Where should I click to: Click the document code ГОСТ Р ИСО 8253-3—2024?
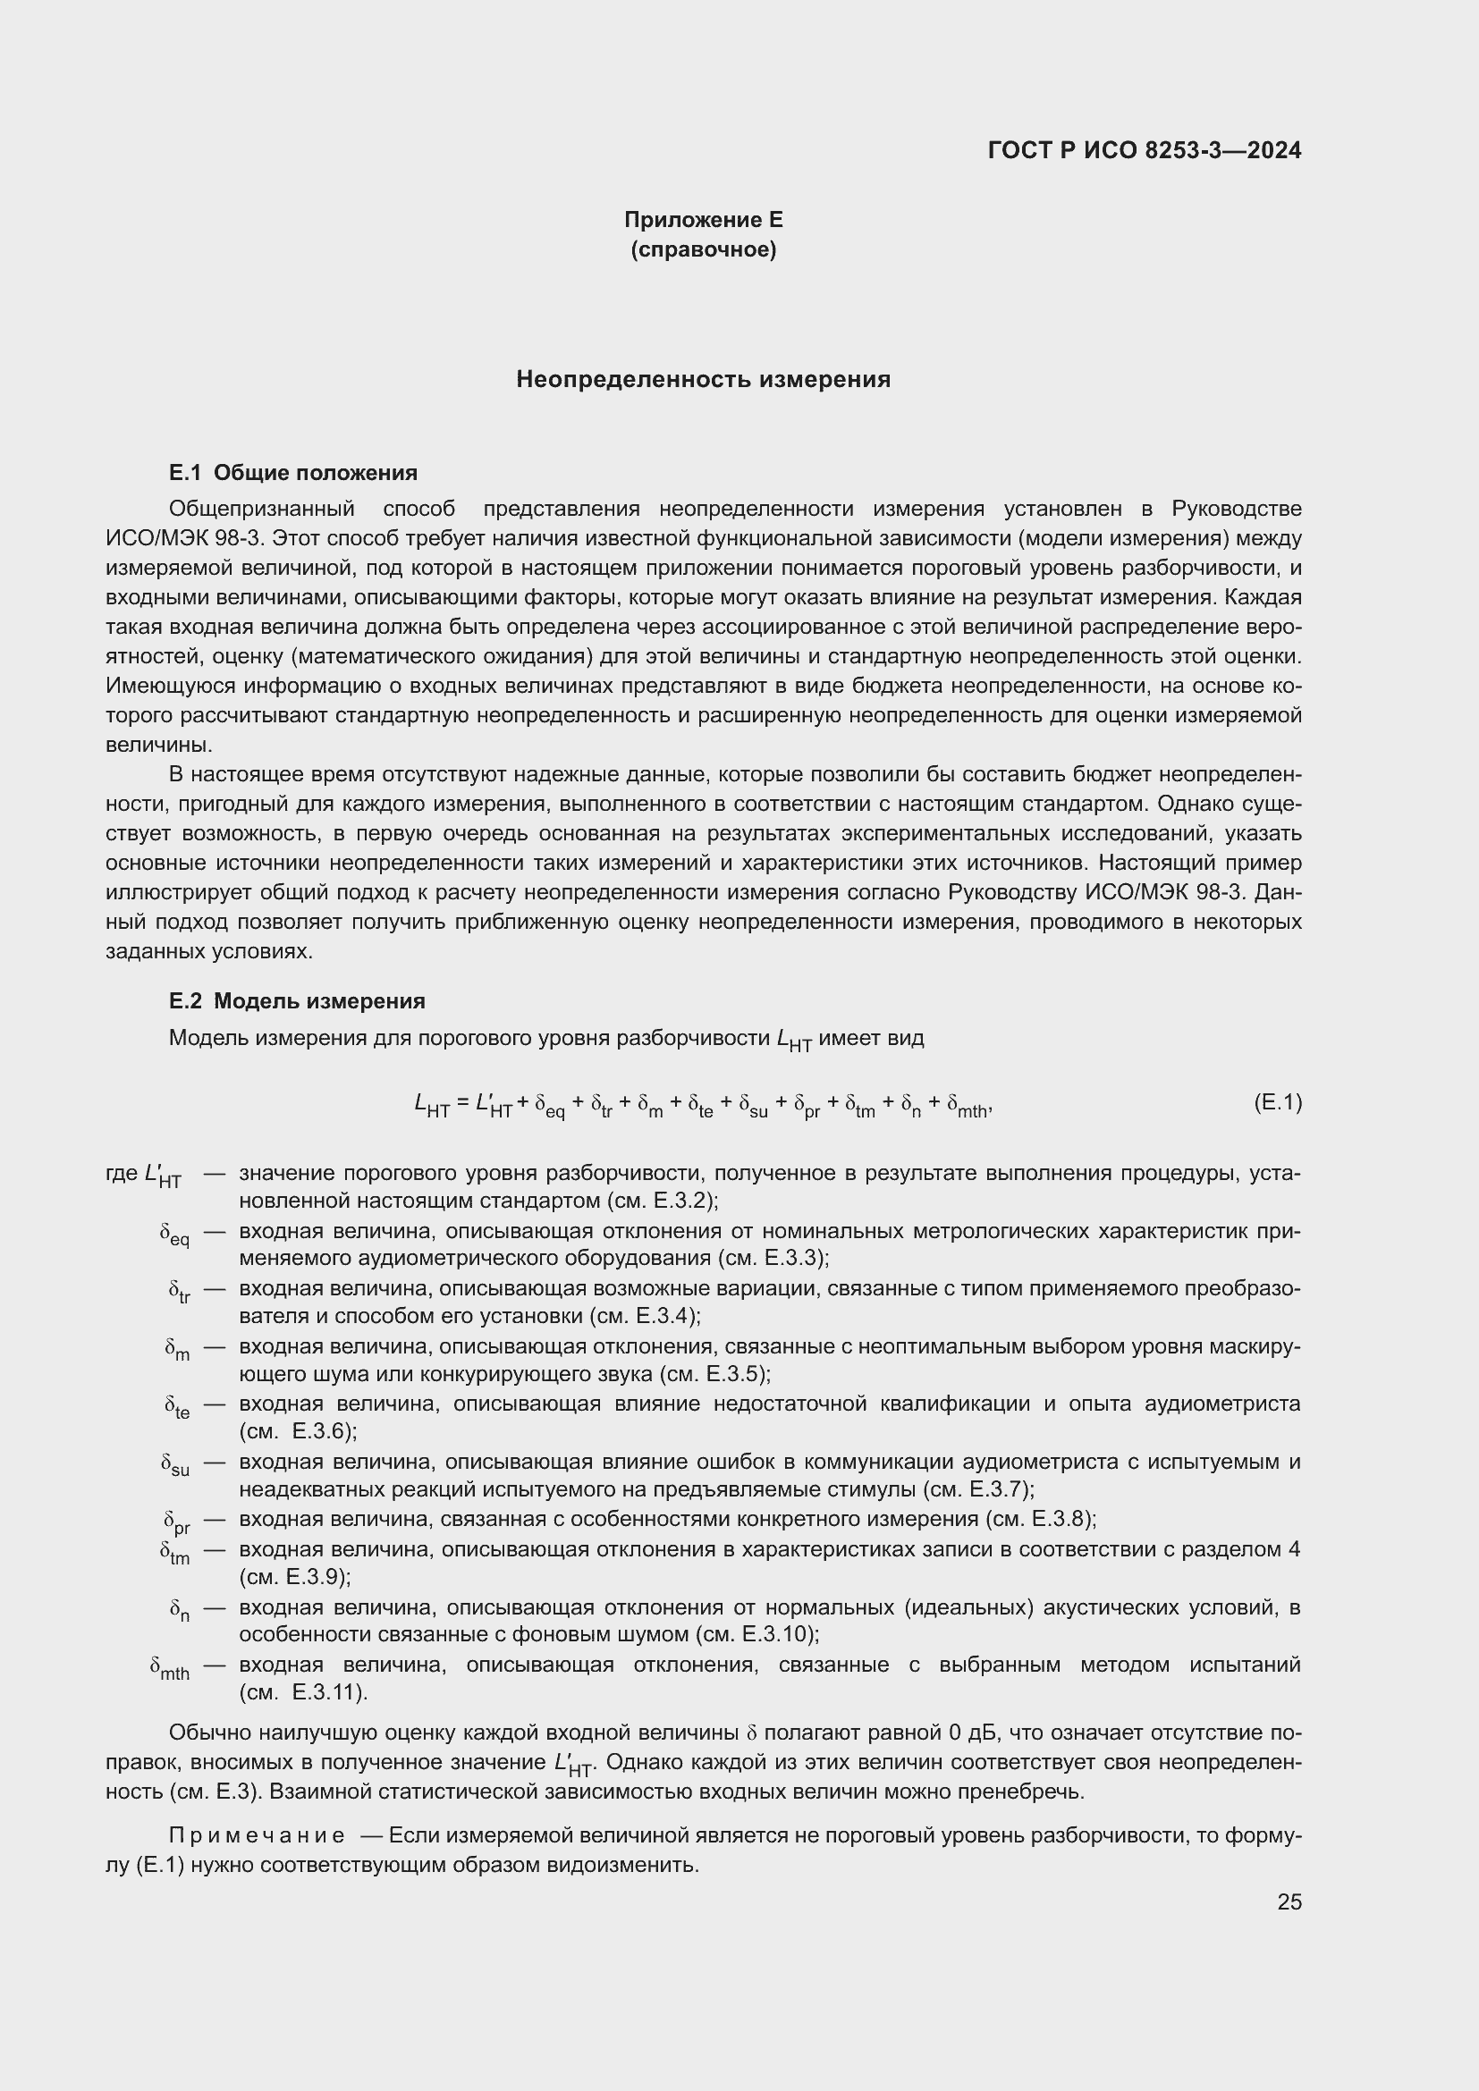point(1144,151)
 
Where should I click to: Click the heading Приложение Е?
point(703,220)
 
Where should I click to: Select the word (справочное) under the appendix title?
point(703,249)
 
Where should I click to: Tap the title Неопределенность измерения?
point(703,380)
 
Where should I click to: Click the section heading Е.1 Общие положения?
point(293,473)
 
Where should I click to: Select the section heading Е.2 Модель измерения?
point(297,1001)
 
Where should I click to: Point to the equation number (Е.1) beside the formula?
point(1277,1103)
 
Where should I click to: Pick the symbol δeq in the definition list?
point(175,1235)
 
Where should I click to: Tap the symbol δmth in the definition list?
point(170,1669)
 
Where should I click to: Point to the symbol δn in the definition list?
point(181,1611)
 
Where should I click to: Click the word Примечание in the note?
point(257,1835)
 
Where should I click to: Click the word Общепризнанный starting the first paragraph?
point(261,508)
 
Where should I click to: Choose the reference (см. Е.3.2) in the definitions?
point(662,1201)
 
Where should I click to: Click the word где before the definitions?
point(122,1173)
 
